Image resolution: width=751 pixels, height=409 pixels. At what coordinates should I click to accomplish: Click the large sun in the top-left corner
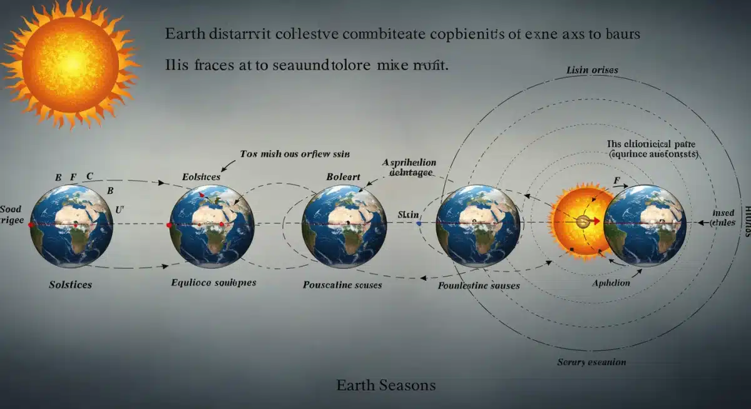pos(70,63)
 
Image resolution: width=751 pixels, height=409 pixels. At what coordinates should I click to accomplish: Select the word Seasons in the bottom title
pos(407,385)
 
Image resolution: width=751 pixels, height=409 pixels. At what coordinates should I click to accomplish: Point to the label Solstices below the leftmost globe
pos(70,285)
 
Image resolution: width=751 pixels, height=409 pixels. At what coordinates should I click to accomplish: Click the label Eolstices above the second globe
pos(201,177)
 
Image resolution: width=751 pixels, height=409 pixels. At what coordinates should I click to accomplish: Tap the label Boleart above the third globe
pos(344,177)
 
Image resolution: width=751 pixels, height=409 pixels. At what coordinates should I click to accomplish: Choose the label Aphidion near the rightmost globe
pos(611,283)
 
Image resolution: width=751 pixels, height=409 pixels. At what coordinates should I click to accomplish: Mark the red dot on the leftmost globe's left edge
pos(32,224)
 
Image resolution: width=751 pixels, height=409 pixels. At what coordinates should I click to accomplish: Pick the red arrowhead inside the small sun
pos(596,221)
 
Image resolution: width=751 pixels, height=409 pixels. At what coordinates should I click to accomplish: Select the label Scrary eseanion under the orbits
pos(591,362)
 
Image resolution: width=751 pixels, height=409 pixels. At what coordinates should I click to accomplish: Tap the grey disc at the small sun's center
pos(583,221)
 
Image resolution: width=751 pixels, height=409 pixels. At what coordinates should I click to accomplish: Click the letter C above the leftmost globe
pos(89,177)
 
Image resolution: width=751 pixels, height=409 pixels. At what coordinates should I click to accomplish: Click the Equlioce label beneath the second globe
pos(213,283)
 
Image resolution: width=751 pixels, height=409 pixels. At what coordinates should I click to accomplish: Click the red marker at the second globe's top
pos(202,196)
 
